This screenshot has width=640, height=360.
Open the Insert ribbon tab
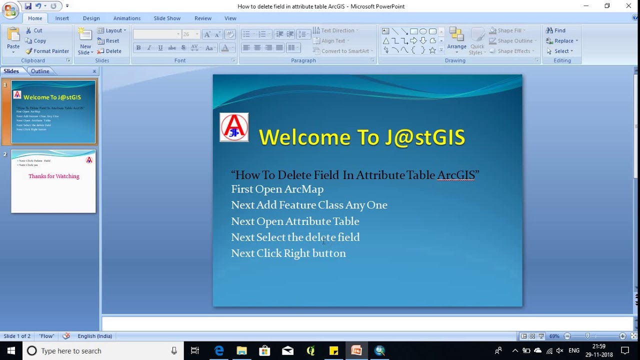[x=62, y=18]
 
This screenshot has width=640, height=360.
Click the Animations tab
[x=127, y=18]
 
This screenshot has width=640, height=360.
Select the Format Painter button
[x=47, y=51]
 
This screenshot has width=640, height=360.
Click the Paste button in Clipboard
[x=13, y=40]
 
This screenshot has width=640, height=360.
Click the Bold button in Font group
[x=138, y=48]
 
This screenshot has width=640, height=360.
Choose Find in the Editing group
[x=556, y=30]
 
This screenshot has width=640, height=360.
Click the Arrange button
[x=456, y=40]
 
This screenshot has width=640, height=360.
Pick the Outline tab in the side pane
[x=40, y=71]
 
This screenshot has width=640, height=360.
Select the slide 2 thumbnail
[x=53, y=181]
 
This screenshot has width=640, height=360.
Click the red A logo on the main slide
[x=234, y=127]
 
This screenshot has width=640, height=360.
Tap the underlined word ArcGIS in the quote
[x=455, y=175]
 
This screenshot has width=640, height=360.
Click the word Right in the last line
[x=298, y=253]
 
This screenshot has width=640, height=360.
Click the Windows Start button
[x=11, y=350]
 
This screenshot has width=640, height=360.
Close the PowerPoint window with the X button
[x=628, y=6]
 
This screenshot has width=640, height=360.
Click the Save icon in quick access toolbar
[x=28, y=6]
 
